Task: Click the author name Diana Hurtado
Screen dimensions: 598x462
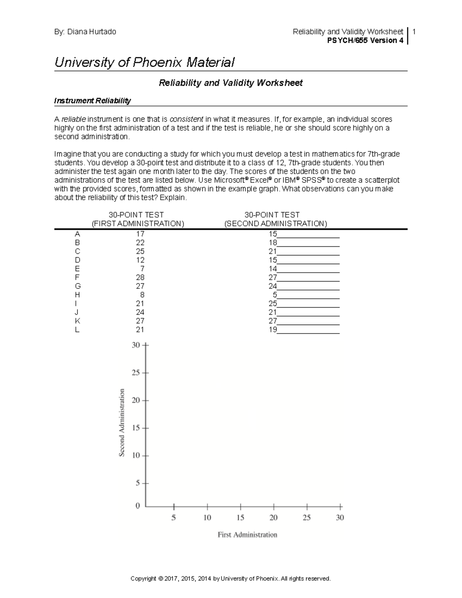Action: click(92, 32)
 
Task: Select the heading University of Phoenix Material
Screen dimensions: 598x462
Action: click(144, 62)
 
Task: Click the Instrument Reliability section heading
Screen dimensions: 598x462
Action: click(92, 101)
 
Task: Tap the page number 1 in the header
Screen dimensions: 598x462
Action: click(414, 32)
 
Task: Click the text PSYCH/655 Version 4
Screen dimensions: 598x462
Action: click(365, 40)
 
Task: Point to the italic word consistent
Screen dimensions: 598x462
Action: click(186, 119)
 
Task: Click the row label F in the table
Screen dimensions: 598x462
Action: click(77, 277)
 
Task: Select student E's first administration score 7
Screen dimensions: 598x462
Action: click(142, 269)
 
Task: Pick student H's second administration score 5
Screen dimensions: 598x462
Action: click(275, 295)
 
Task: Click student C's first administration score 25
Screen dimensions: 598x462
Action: click(140, 251)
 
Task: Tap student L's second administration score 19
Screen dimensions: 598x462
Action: click(273, 330)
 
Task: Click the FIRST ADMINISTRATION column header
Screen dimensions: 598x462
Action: click(138, 224)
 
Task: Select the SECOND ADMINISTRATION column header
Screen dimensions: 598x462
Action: click(276, 224)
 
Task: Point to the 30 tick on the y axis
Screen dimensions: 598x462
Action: click(136, 345)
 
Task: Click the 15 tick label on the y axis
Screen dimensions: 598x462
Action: click(136, 428)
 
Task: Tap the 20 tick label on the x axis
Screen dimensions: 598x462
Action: click(273, 518)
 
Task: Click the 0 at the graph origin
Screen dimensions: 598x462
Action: click(138, 506)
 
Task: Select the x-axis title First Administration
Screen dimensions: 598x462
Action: click(247, 534)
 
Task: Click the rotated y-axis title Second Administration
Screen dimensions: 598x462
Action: click(122, 422)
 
